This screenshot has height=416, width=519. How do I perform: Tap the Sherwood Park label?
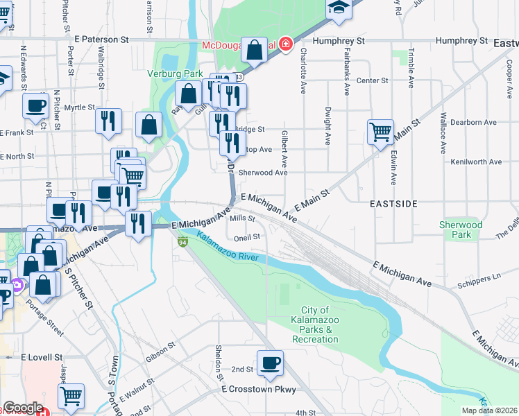pos(461,229)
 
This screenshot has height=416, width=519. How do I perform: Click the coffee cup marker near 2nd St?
pos(270,361)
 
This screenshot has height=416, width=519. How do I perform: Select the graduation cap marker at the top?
pos(339,8)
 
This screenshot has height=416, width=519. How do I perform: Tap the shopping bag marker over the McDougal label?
pos(255,49)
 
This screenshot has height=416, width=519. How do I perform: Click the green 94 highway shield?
pos(182,241)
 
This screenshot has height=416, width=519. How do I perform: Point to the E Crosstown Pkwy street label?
pos(258,390)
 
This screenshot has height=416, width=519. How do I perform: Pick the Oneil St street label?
pos(246,236)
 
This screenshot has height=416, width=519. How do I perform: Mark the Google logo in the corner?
pos(23,408)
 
